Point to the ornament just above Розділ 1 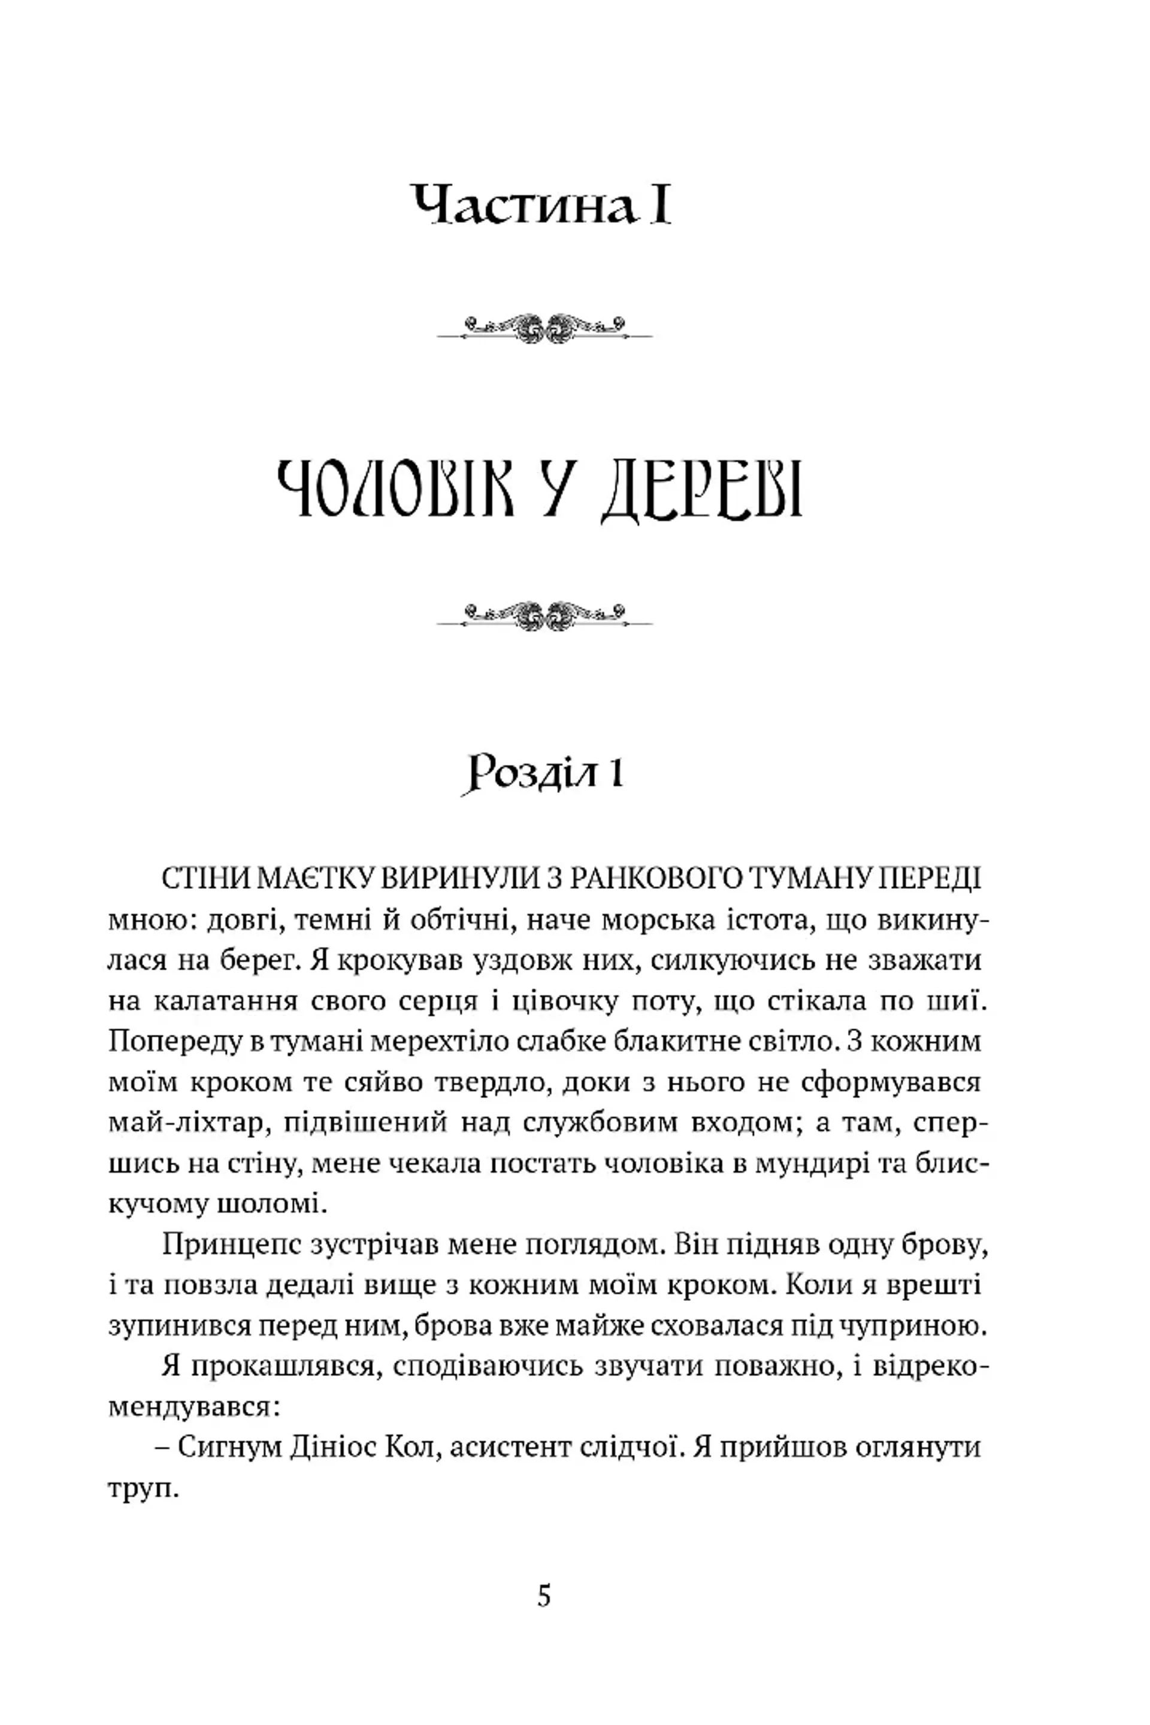click(x=544, y=615)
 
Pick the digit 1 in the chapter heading click(x=614, y=774)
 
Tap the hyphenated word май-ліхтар click(x=186, y=1124)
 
